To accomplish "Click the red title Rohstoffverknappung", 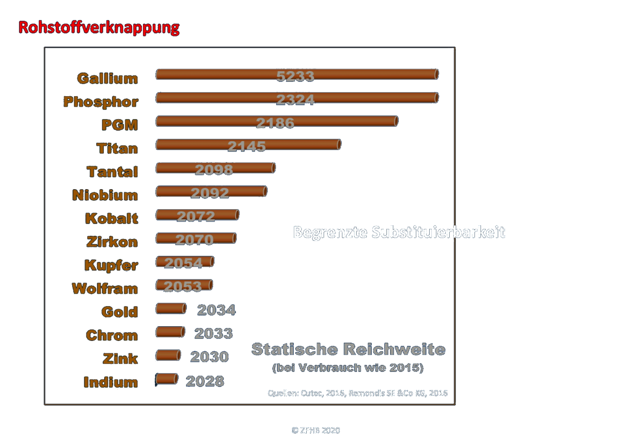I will pos(99,28).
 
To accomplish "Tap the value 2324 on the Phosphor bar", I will pos(295,100).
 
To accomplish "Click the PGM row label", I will pos(119,125).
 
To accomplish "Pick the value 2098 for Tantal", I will pos(214,170).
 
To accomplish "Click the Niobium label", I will pos(105,195).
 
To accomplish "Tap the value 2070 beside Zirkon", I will pos(195,240).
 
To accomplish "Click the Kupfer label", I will pos(111,265).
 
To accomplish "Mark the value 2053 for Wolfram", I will pos(183,287).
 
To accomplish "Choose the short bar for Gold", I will pos(171,308).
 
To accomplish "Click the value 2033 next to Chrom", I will pos(214,333).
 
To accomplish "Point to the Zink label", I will pos(120,359).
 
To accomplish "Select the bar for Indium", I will pos(167,379).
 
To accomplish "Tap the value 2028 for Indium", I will pos(205,381).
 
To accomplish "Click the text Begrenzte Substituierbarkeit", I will pos(399,232).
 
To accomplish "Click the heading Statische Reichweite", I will pos(348,349).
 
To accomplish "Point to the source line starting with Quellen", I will pos(358,393).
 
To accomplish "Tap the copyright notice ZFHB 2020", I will pos(316,430).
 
